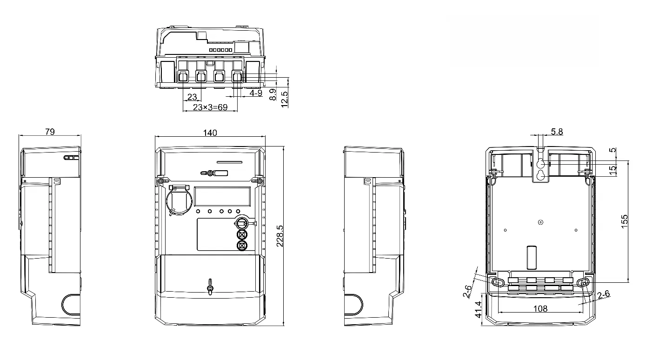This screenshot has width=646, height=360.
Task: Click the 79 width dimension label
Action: pos(50,132)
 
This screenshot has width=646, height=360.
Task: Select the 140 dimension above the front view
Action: pos(210,133)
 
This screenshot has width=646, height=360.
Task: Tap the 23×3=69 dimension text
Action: pos(210,107)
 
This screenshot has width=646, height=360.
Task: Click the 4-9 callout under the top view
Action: pos(256,93)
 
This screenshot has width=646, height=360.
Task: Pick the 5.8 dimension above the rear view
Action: pos(557,132)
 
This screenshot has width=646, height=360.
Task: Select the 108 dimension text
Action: pos(540,308)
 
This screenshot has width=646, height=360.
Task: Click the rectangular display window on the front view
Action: pos(222,197)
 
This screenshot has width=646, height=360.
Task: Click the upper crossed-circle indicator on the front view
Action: pos(242,234)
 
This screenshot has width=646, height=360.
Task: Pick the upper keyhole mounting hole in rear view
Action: pos(541,164)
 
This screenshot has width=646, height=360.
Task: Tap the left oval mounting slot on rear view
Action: pos(497,282)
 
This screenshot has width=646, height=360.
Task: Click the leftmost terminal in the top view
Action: pos(183,77)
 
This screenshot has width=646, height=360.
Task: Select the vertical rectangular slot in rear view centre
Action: pos(532,256)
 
